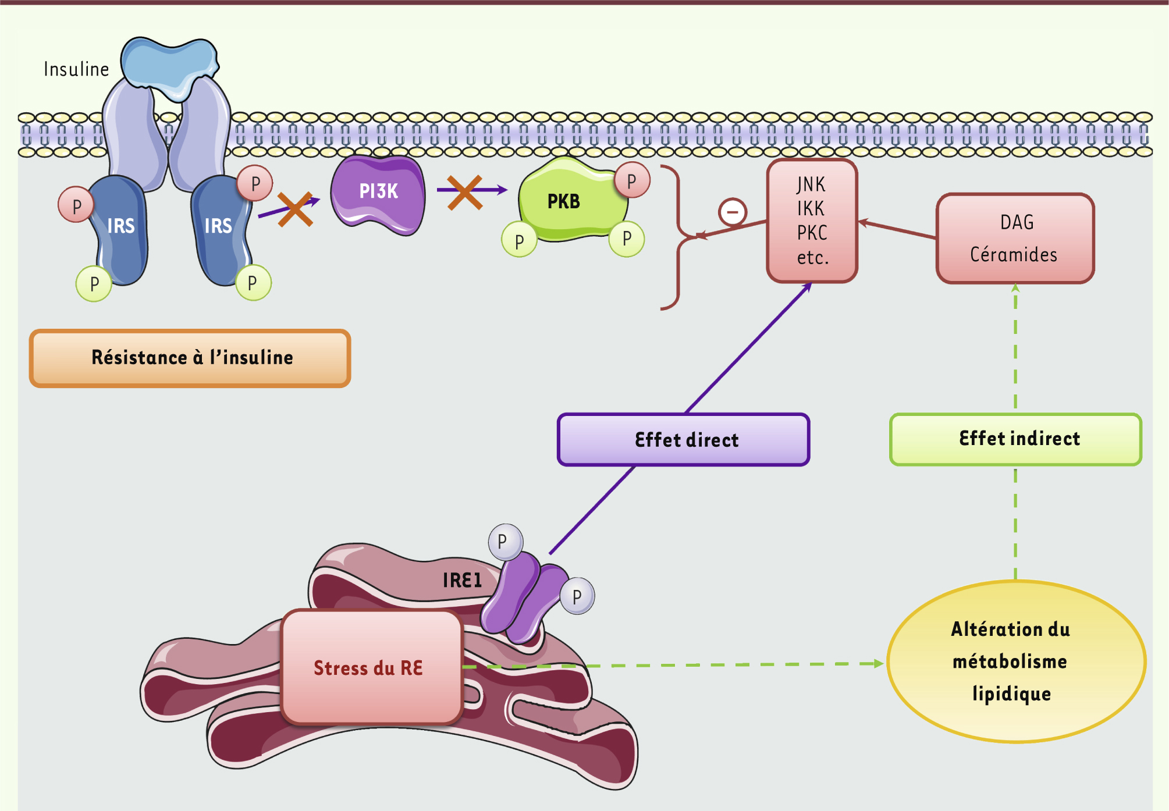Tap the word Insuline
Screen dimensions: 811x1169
point(76,69)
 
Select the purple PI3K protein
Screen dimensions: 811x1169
point(378,193)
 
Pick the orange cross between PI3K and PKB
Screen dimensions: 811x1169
point(464,192)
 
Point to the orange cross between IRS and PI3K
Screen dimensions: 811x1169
point(295,209)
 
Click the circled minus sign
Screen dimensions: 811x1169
point(733,212)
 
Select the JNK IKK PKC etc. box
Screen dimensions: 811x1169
point(812,221)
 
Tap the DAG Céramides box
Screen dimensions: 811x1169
point(1015,239)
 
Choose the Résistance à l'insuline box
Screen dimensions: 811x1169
point(190,358)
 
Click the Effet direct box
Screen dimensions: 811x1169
point(684,440)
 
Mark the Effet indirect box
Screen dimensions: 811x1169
point(1016,439)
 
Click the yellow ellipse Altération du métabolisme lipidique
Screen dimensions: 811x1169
point(1016,661)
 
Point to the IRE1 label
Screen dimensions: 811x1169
point(462,580)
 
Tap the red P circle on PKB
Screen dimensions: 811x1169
point(632,181)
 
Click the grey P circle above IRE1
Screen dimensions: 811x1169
point(504,541)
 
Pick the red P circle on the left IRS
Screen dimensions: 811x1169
point(76,205)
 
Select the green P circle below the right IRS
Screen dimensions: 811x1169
point(253,283)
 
